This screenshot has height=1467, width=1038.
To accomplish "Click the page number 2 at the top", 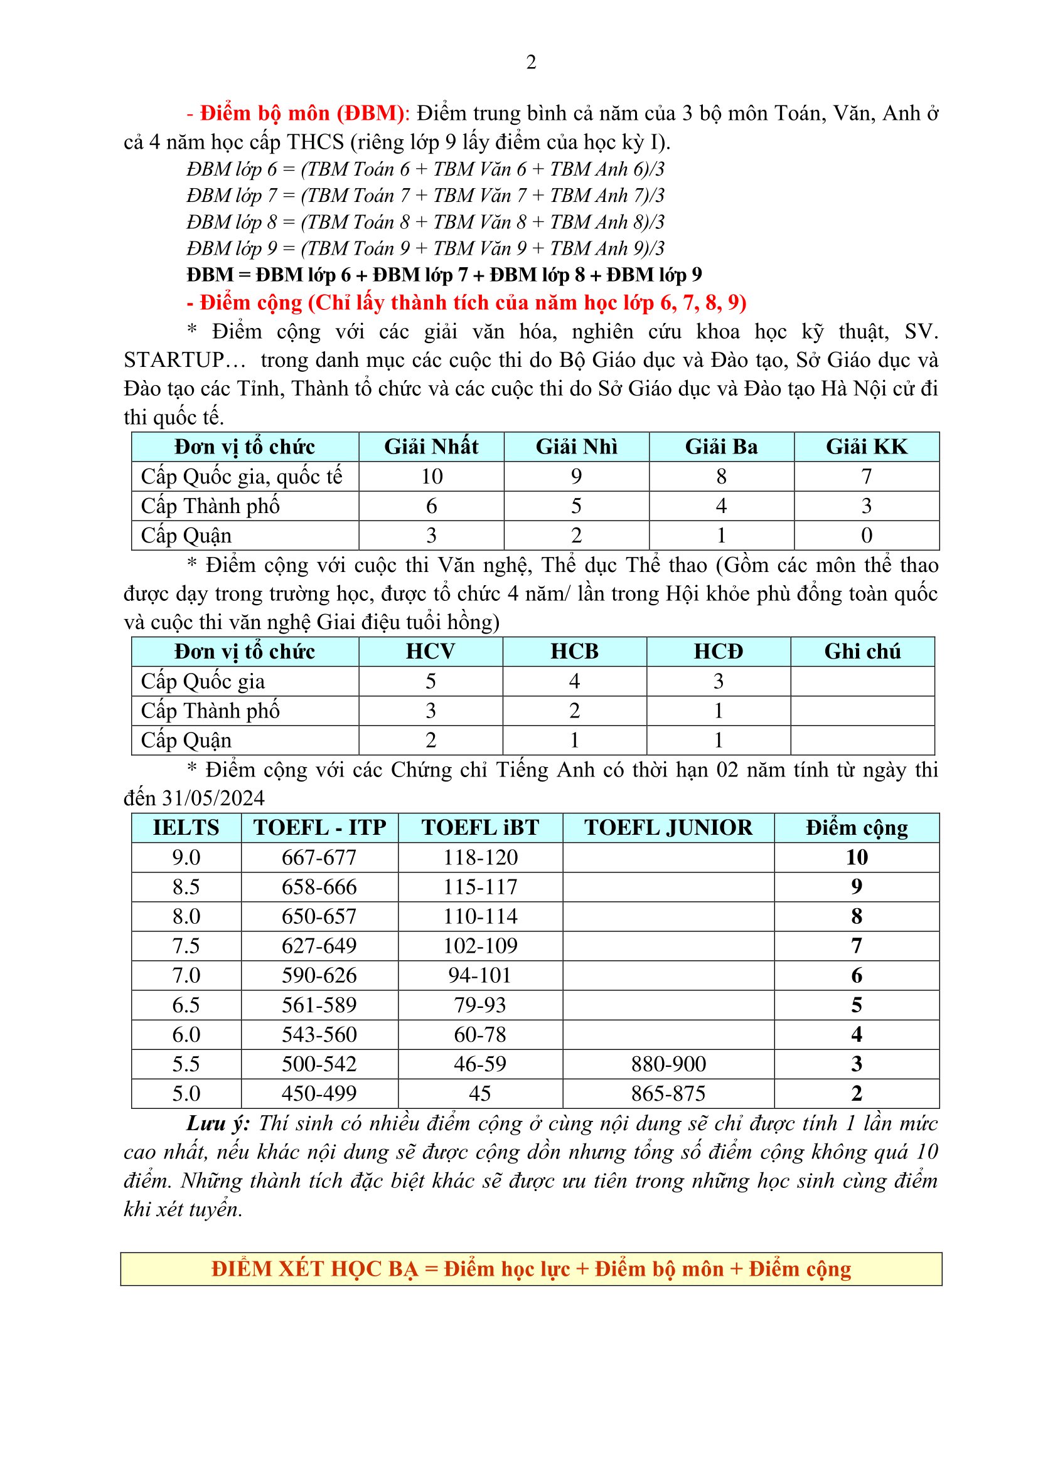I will [x=530, y=63].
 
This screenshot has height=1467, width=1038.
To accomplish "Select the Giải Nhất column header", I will [x=431, y=447].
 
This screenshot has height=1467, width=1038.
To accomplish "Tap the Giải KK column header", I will [x=866, y=447].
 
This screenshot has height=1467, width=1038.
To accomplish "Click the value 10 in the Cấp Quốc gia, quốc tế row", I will [x=431, y=476].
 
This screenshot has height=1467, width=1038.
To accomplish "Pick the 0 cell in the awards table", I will [x=866, y=536].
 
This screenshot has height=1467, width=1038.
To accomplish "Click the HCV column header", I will [x=430, y=651].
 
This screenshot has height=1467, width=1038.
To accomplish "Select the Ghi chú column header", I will [x=862, y=651].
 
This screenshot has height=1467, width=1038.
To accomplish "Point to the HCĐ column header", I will [x=718, y=651].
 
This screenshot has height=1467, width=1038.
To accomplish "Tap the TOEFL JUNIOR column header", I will [x=668, y=827].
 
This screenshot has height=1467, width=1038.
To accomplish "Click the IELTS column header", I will [x=186, y=827].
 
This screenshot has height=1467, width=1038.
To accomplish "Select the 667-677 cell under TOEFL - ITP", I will [x=319, y=857].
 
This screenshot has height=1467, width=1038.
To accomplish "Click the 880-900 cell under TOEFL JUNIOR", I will [x=668, y=1064].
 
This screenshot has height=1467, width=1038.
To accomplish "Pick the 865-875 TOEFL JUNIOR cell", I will [x=668, y=1093].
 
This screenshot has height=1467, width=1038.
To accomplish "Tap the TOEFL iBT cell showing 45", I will [x=479, y=1093].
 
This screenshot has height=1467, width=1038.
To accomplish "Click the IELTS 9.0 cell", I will [x=186, y=857].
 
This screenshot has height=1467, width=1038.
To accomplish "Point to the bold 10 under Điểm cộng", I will [x=857, y=857].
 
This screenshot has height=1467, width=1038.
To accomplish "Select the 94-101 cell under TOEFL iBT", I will [x=479, y=975].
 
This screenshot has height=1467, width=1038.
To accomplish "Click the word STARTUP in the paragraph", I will [x=173, y=361].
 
